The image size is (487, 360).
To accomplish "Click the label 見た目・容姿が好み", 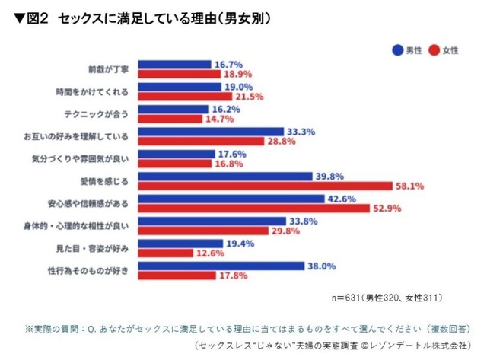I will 99,247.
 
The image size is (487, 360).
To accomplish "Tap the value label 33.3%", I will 300,132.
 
